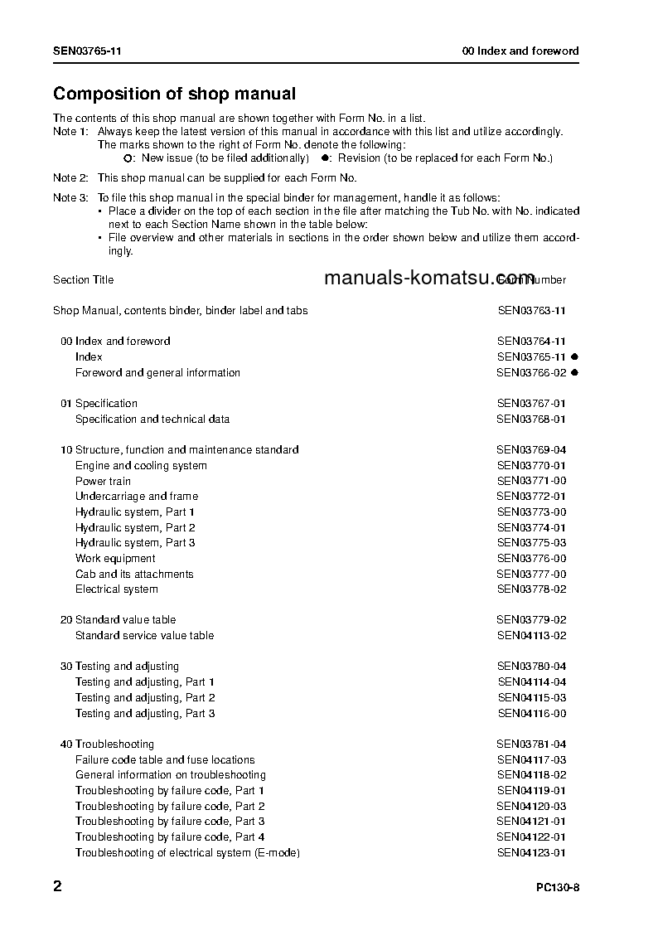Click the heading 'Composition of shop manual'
pyautogui.click(x=174, y=95)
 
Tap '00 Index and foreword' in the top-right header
pyautogui.click(x=520, y=51)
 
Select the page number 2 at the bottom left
pyautogui.click(x=57, y=886)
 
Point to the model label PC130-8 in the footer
pyautogui.click(x=558, y=888)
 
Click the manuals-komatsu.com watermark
pyautogui.click(x=429, y=278)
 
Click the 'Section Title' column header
pyautogui.click(x=83, y=280)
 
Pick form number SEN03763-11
pyautogui.click(x=531, y=311)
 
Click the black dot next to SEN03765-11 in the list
pyautogui.click(x=574, y=357)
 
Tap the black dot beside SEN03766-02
pyautogui.click(x=574, y=373)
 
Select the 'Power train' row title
pyautogui.click(x=103, y=481)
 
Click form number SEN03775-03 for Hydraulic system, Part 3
pyautogui.click(x=531, y=543)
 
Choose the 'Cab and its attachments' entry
pyautogui.click(x=134, y=574)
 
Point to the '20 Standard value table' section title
pyautogui.click(x=118, y=620)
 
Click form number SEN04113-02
pyautogui.click(x=531, y=636)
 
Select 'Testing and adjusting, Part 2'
pyautogui.click(x=145, y=698)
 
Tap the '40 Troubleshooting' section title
pyautogui.click(x=107, y=744)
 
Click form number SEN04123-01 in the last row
pyautogui.click(x=531, y=853)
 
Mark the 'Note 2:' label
pyautogui.click(x=70, y=178)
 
